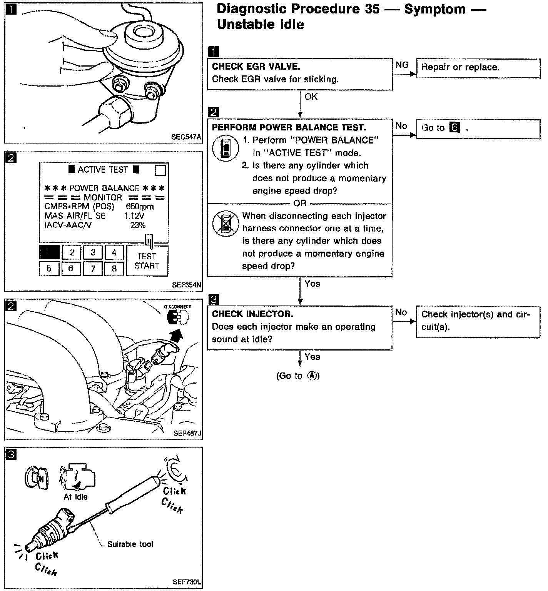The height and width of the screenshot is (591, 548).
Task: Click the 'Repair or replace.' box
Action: [478, 69]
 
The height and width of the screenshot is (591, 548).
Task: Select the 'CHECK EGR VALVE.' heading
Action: [256, 67]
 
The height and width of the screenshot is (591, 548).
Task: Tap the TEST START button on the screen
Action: [147, 261]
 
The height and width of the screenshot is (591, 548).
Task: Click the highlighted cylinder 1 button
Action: [49, 252]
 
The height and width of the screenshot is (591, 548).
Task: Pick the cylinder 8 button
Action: [114, 268]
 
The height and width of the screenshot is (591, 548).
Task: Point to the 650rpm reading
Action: [140, 207]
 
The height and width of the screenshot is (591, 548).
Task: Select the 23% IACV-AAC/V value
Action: [138, 225]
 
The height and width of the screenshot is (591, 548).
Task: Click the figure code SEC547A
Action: [186, 137]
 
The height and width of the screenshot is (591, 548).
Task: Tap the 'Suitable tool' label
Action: [130, 544]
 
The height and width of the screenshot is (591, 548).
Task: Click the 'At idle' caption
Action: [75, 497]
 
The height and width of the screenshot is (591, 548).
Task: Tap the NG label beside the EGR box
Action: [402, 65]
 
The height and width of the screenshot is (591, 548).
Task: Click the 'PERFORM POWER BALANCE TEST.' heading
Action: [289, 127]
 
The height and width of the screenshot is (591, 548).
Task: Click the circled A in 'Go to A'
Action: [312, 376]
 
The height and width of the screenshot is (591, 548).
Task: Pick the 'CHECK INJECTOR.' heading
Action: [252, 314]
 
